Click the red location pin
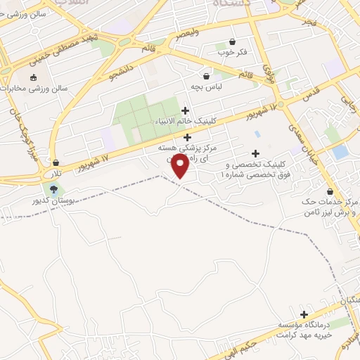[x=181, y=165]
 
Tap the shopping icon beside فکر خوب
[x=232, y=41]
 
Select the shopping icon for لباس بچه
[x=206, y=76]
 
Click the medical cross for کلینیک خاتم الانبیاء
[x=185, y=110]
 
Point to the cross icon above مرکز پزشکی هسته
[x=186, y=138]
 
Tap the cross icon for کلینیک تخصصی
[x=255, y=154]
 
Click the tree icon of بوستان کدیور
[x=53, y=189]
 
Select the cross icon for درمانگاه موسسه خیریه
[x=304, y=315]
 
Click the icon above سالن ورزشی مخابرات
[x=32, y=78]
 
